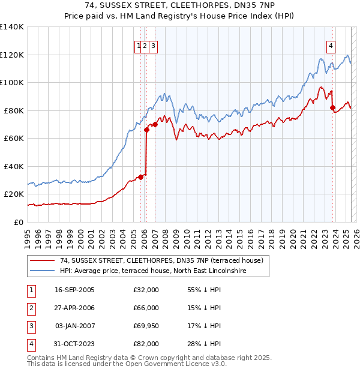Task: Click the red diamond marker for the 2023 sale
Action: tap(332, 108)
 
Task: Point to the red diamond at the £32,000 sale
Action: tap(140, 177)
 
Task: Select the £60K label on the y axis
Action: tap(13, 139)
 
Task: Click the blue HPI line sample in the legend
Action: tap(41, 271)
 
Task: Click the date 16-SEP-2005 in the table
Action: tap(74, 290)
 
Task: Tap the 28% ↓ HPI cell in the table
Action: tap(205, 344)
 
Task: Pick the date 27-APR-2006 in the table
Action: tap(74, 308)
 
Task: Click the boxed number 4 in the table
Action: tap(30, 344)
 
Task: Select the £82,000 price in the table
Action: tap(146, 344)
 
